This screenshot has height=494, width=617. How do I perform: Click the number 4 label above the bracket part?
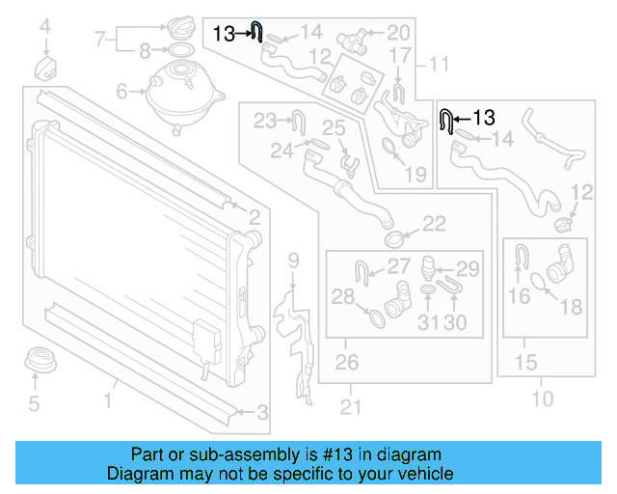[x=44, y=39]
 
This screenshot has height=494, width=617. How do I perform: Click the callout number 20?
[x=398, y=33]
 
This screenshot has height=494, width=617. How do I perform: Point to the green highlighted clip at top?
[x=256, y=32]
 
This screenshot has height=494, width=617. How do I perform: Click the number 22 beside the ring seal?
[x=434, y=224]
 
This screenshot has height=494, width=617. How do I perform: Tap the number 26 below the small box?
[x=346, y=363]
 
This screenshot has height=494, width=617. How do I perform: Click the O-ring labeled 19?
[x=388, y=149]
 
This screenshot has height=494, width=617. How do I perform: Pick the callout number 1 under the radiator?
[x=110, y=398]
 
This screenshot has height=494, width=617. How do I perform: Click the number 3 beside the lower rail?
[x=262, y=413]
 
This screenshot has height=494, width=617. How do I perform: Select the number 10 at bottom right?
[x=543, y=398]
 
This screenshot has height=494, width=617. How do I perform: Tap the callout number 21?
[x=351, y=407]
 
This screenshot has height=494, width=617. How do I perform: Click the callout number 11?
[x=439, y=66]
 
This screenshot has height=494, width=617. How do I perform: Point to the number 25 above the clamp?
[x=334, y=127]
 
